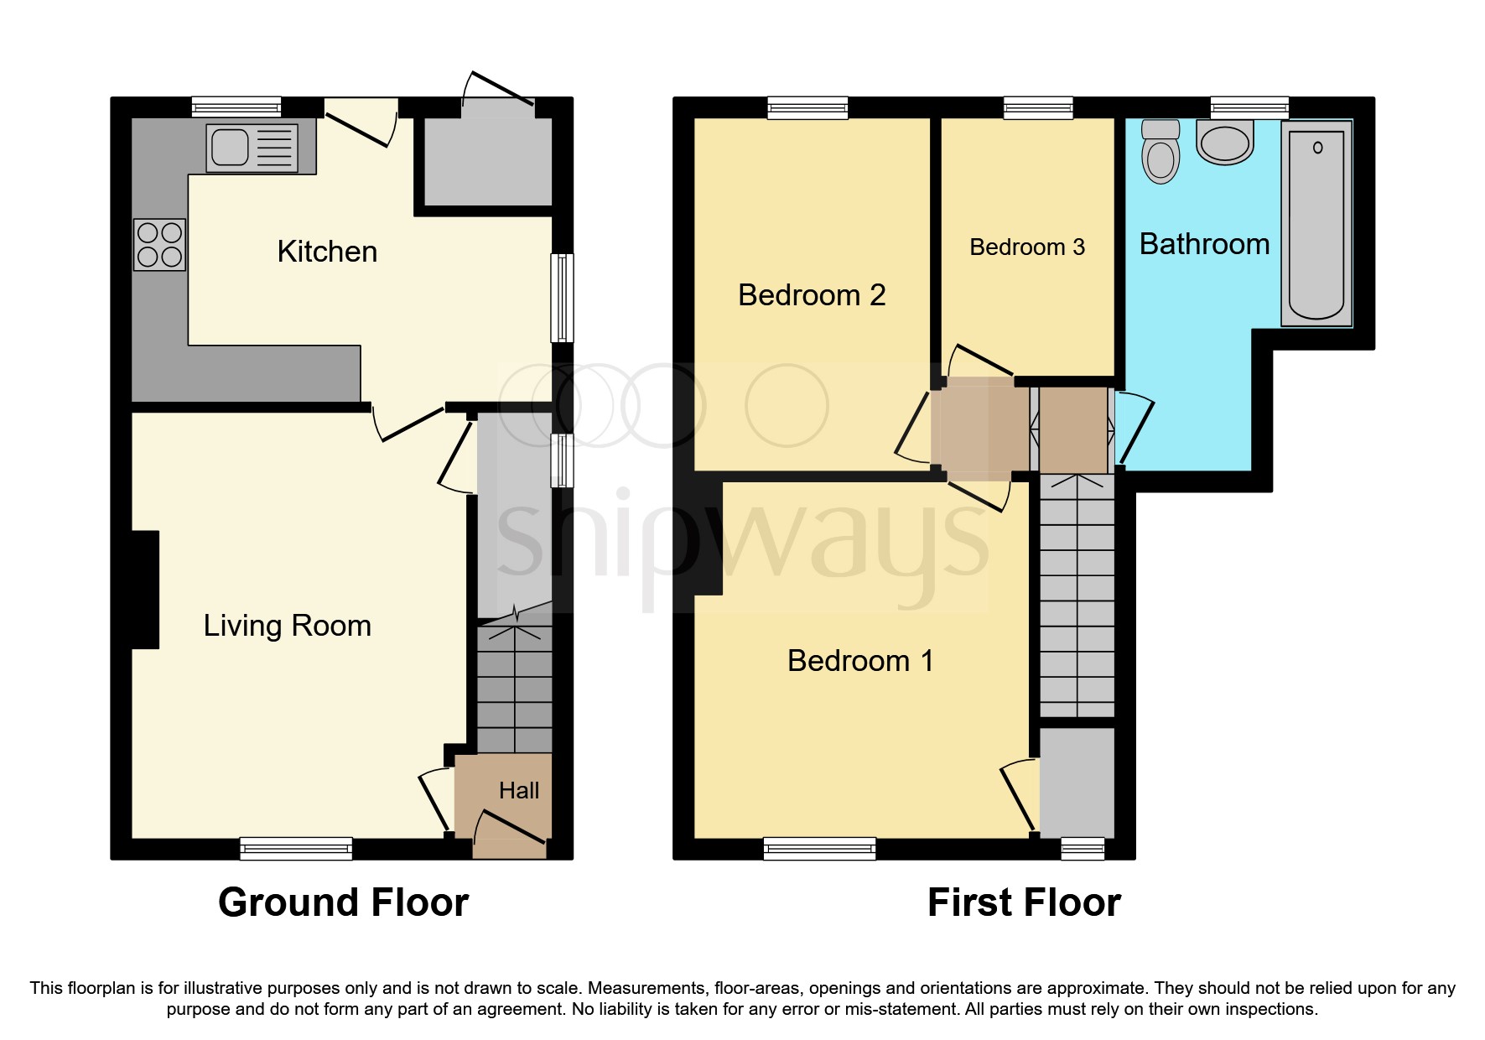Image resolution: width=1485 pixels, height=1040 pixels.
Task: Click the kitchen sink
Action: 252,148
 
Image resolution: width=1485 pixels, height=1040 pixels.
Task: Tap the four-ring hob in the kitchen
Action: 159,244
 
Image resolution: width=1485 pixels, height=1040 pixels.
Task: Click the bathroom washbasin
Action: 1225,142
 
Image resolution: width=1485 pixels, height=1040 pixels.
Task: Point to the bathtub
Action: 1316,224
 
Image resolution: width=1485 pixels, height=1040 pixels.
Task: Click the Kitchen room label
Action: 327,252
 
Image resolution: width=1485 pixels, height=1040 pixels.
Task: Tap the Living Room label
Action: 287,626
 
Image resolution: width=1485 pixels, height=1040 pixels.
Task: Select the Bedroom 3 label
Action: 1026,247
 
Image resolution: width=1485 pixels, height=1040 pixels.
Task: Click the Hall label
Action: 518,790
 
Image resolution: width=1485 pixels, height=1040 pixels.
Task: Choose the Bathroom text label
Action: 1204,244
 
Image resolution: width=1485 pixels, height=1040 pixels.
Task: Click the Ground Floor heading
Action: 343,902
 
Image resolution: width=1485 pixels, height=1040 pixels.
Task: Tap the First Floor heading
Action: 1023,902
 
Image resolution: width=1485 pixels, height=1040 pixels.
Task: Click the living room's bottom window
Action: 296,848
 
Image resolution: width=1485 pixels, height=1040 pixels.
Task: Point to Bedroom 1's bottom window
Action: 819,848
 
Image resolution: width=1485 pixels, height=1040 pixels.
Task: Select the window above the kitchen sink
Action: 236,107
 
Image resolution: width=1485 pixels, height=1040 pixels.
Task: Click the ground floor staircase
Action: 514,688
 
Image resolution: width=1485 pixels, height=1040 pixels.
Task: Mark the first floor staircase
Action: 1077,595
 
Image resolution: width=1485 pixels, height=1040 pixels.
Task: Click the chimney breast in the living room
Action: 145,590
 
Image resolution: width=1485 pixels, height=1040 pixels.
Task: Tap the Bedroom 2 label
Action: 811,295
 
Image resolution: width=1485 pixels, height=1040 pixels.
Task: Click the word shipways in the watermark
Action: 742,537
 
